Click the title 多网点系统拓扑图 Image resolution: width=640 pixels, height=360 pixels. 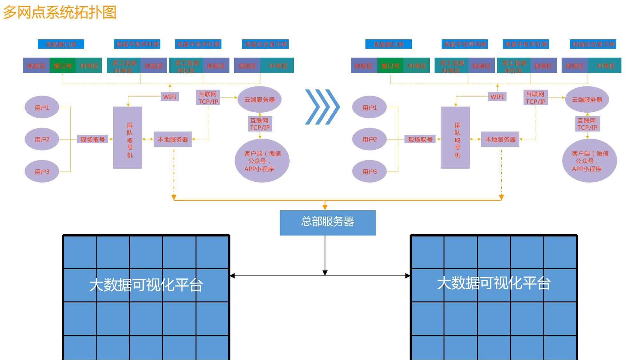click(x=60, y=12)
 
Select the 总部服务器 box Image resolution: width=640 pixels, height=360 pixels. click(x=327, y=222)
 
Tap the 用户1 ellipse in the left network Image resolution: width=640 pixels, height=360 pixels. click(x=42, y=107)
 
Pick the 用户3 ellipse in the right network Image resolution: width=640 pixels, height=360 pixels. click(x=369, y=171)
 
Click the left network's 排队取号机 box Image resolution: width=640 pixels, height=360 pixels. click(x=127, y=138)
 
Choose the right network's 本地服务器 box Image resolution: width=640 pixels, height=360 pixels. click(x=500, y=139)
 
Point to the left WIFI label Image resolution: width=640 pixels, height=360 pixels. click(x=170, y=97)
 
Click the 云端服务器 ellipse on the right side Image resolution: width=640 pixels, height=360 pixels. click(x=587, y=100)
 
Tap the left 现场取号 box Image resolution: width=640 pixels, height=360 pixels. click(x=92, y=139)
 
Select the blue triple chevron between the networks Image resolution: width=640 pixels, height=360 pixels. click(x=322, y=107)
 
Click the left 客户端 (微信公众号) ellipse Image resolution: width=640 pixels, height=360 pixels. click(x=262, y=161)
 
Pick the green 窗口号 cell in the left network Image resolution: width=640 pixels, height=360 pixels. click(x=62, y=66)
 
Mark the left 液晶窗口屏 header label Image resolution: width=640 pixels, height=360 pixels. click(x=61, y=44)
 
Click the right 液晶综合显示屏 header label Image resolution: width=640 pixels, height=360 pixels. click(x=593, y=44)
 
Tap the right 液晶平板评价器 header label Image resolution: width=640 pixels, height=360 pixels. click(x=526, y=44)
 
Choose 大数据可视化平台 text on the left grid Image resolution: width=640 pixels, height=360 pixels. click(x=146, y=284)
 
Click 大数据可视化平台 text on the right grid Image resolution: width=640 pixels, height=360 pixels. click(x=493, y=283)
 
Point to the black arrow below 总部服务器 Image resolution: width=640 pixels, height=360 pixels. click(x=325, y=256)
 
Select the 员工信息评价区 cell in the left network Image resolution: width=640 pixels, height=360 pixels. click(x=186, y=66)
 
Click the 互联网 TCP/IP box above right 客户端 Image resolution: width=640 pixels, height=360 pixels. click(x=587, y=124)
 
